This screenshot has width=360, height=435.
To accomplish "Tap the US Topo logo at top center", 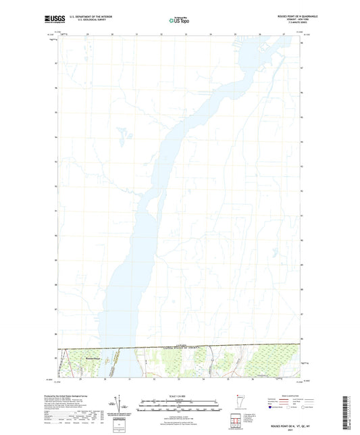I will coord(180,21).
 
